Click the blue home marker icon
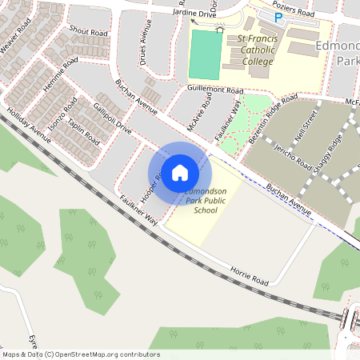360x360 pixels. [x=180, y=172]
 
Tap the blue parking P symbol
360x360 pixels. [x=278, y=17]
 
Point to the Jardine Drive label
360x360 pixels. [x=194, y=15]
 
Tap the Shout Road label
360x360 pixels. [x=88, y=30]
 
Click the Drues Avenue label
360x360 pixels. [x=144, y=51]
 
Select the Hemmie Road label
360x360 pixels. [x=61, y=74]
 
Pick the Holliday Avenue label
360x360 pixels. [x=28, y=126]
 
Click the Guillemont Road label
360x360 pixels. [x=214, y=91]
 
